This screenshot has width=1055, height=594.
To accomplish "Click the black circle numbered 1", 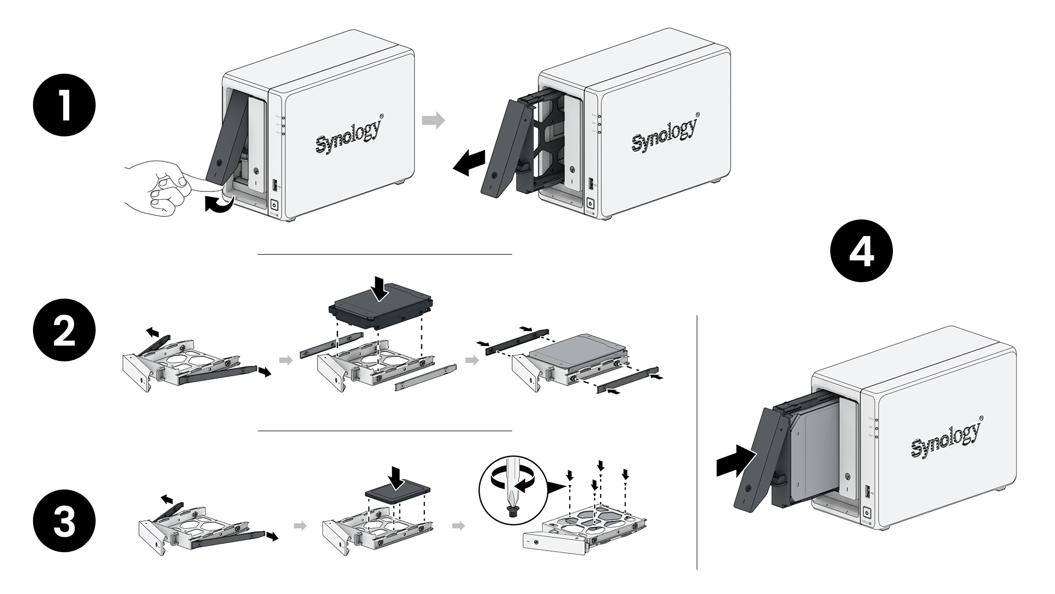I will point(64,106).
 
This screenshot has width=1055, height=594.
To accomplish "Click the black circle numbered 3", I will point(64,522).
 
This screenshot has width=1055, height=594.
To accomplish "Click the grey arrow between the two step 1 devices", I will point(433,120).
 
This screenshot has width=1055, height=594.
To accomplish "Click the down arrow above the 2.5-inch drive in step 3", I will point(396,476).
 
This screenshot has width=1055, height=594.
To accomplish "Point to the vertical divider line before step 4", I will point(697,440).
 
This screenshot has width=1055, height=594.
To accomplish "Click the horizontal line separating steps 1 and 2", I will point(385,255).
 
